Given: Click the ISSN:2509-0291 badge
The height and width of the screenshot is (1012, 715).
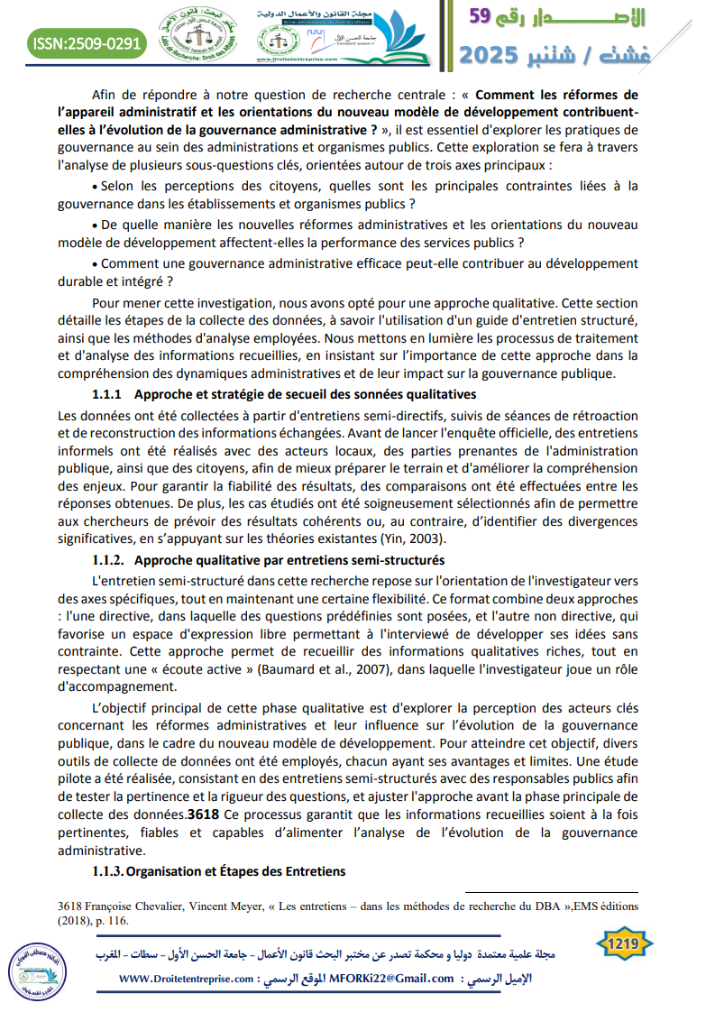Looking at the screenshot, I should [x=86, y=41].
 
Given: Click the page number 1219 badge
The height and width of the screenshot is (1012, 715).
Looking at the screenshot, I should [x=624, y=943].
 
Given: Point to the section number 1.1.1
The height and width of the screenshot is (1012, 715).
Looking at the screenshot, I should [x=108, y=394].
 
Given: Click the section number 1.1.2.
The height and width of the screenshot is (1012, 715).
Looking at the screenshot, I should [x=110, y=560].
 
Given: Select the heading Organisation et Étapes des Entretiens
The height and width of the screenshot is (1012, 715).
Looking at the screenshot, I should [x=236, y=870].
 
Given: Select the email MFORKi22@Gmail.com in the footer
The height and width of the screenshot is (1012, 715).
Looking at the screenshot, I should [x=392, y=979].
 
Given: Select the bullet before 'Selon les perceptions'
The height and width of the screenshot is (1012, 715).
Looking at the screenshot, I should [x=96, y=187].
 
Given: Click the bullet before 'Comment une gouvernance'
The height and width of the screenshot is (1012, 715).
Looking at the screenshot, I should [x=96, y=264].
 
